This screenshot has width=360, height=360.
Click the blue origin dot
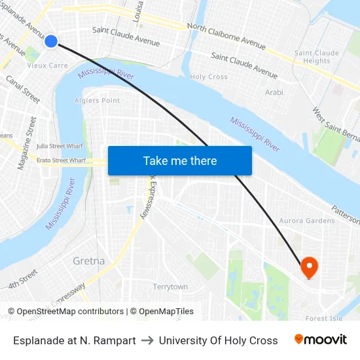point(51,41)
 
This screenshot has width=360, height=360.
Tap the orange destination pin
point(309,266)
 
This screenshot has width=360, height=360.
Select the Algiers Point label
point(98,100)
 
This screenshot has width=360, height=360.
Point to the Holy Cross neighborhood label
point(209,77)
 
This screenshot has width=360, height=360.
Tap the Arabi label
point(274,92)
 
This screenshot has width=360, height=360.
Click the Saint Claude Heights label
point(317,57)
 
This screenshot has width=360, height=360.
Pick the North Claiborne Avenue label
point(226,36)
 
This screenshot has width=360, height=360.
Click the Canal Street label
point(23,89)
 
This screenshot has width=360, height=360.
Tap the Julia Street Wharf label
point(60,145)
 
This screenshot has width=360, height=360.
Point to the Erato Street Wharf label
point(61,160)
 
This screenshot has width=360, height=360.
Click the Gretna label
point(88,261)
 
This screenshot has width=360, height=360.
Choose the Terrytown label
point(170,287)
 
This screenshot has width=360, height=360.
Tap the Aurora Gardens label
point(307,221)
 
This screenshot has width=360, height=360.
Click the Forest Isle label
point(324,319)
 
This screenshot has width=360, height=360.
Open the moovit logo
point(321,340)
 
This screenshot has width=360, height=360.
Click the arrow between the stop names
point(147,340)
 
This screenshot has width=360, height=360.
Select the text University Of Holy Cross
point(218,340)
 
